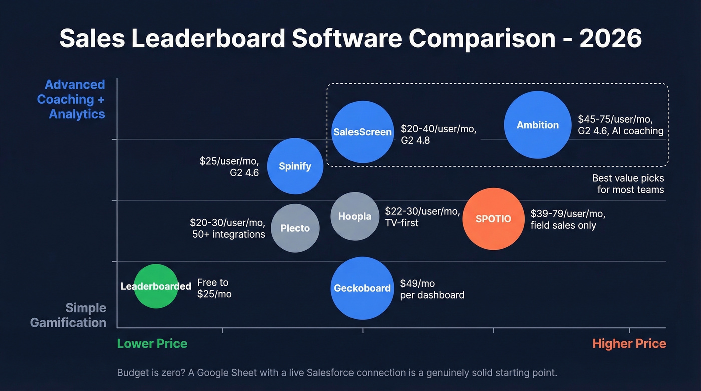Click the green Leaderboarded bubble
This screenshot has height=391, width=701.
(156, 286)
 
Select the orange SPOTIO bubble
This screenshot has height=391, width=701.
(493, 219)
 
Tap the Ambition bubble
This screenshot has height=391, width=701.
(537, 125)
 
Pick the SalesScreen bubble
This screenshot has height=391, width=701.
(363, 132)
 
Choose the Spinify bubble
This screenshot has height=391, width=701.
(295, 166)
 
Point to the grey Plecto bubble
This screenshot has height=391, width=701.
(295, 228)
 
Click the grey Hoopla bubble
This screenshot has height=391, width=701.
(355, 216)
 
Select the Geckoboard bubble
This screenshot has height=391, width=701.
(362, 288)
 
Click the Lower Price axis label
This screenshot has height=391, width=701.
(152, 344)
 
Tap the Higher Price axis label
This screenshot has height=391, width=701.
(629, 344)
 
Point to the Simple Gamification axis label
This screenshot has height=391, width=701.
(69, 315)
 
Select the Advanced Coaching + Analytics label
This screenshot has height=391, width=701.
(71, 99)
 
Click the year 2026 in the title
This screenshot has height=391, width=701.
(610, 39)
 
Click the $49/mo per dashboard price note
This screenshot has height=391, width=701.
(432, 289)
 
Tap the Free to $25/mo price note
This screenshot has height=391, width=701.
(214, 288)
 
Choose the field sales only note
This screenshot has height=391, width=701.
(563, 225)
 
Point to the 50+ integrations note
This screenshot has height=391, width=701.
(228, 234)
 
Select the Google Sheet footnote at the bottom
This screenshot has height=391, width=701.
(336, 373)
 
